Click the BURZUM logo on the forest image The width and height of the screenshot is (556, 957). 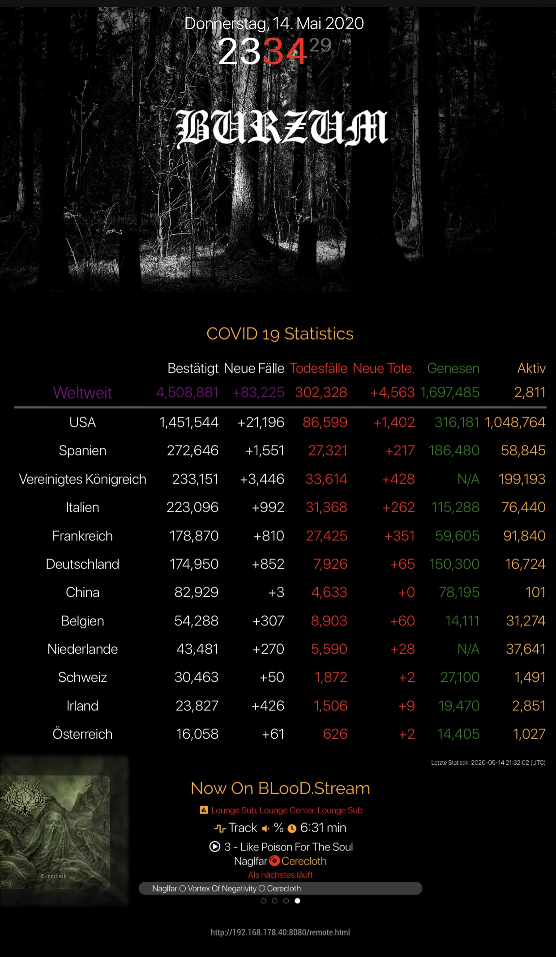pyautogui.click(x=282, y=128)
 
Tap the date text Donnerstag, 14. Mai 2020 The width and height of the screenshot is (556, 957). pyautogui.click(x=274, y=23)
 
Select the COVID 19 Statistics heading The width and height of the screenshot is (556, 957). pyautogui.click(x=280, y=334)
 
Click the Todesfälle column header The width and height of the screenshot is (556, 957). pyautogui.click(x=318, y=368)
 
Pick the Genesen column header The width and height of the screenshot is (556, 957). pyautogui.click(x=453, y=368)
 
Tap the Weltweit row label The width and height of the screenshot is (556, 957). pyautogui.click(x=82, y=393)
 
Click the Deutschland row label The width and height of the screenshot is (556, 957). pyautogui.click(x=82, y=564)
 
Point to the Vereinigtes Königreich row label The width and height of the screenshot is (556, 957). pyautogui.click(x=82, y=479)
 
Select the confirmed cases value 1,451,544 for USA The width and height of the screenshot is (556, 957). pyautogui.click(x=189, y=422)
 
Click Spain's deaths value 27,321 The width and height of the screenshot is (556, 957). pyautogui.click(x=328, y=451)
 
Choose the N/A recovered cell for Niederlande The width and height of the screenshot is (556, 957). pyautogui.click(x=468, y=649)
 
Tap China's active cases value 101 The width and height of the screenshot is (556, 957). pyautogui.click(x=535, y=592)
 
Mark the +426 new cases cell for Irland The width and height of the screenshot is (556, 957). pyautogui.click(x=268, y=706)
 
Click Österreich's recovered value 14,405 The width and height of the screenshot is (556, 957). pyautogui.click(x=458, y=734)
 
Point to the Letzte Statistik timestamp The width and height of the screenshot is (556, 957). pyautogui.click(x=488, y=763)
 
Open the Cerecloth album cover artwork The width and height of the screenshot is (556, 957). pyautogui.click(x=56, y=831)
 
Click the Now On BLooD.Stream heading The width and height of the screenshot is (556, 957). pyautogui.click(x=280, y=788)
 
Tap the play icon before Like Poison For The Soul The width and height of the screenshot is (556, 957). pyautogui.click(x=215, y=847)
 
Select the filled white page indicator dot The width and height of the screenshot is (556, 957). pyautogui.click(x=298, y=901)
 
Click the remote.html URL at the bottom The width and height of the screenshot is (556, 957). pyautogui.click(x=280, y=932)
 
